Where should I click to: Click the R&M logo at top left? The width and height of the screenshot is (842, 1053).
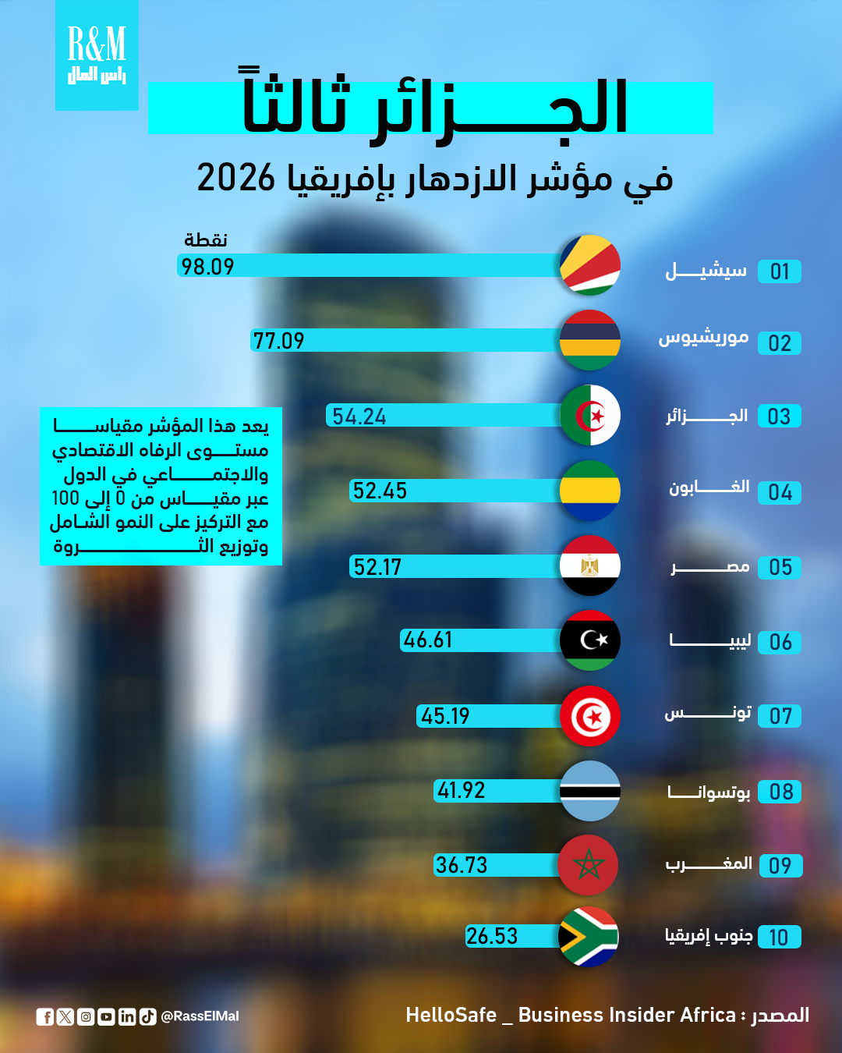(x=97, y=55)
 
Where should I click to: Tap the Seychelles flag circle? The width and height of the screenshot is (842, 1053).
(x=590, y=265)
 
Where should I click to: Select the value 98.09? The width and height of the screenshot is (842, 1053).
(x=207, y=267)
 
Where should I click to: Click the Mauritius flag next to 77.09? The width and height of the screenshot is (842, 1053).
(x=590, y=340)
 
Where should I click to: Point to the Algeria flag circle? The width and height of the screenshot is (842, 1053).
(x=590, y=415)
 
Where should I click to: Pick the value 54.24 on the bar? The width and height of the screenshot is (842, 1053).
(x=359, y=417)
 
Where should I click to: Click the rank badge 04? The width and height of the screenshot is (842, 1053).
(x=780, y=493)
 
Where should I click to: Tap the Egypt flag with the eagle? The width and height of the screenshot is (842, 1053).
(x=590, y=565)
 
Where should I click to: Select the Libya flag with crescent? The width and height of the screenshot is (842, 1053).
(x=590, y=640)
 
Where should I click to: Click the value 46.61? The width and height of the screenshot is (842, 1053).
(x=428, y=640)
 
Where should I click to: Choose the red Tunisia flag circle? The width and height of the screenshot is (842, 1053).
(x=590, y=716)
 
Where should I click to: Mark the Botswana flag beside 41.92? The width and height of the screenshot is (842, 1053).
(x=590, y=791)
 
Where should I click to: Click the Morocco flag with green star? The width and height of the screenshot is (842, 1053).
(x=589, y=865)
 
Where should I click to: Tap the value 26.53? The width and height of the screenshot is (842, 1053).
(x=492, y=936)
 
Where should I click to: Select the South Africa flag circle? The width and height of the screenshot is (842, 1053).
(x=589, y=937)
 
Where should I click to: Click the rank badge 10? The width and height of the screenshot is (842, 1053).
(x=779, y=938)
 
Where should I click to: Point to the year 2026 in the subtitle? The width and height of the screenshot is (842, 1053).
(x=236, y=178)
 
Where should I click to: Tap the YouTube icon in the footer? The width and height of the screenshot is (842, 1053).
(x=107, y=1016)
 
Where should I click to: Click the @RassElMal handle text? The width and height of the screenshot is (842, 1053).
(x=200, y=1016)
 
